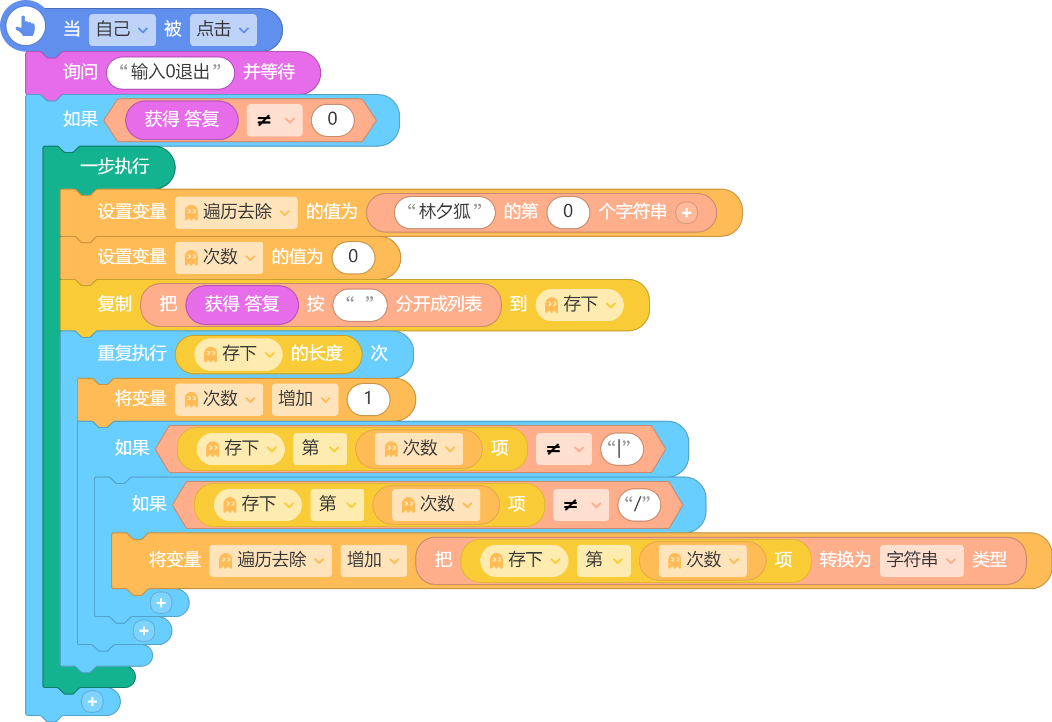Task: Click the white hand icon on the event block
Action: click(25, 26)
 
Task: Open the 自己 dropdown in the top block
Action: click(122, 30)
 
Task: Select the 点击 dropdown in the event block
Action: click(223, 30)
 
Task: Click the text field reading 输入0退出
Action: click(170, 73)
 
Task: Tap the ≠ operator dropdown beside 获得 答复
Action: click(275, 120)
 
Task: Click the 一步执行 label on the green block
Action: click(114, 167)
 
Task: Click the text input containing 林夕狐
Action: click(444, 212)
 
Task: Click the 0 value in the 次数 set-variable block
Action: click(353, 257)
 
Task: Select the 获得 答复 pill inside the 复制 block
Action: click(242, 305)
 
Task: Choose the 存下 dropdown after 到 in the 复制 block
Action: click(579, 305)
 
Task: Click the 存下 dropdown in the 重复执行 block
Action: click(238, 354)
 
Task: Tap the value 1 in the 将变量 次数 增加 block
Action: click(368, 399)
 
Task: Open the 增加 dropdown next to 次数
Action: click(305, 399)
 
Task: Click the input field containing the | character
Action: click(622, 449)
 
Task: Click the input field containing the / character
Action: click(639, 504)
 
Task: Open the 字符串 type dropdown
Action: click(921, 560)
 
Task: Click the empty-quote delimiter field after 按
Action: click(360, 305)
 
